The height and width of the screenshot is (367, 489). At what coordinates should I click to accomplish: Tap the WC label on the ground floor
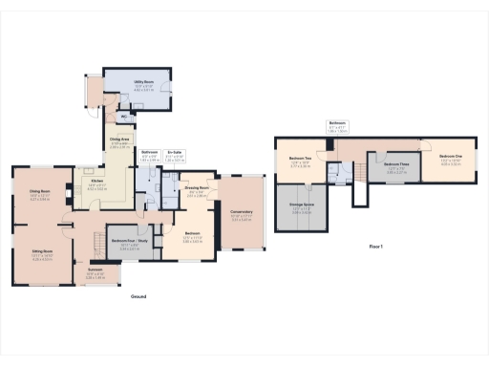click(123, 117)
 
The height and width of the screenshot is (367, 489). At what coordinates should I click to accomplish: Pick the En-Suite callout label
click(175, 151)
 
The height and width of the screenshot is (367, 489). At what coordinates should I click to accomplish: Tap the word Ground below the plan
click(138, 297)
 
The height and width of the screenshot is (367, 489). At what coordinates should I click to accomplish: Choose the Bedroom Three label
click(384, 164)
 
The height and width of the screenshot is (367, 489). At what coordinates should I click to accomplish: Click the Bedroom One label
click(452, 156)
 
